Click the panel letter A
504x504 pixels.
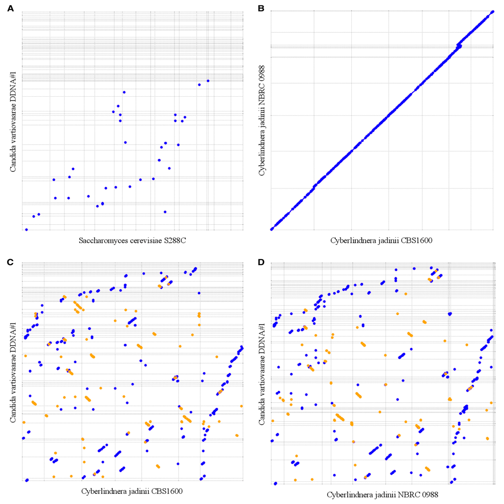(x=11, y=9)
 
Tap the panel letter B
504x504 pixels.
(x=261, y=9)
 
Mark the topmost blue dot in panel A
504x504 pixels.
(x=208, y=81)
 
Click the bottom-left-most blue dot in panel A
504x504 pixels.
(x=26, y=229)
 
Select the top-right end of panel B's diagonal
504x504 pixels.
(x=492, y=12)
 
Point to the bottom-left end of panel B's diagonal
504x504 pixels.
(x=272, y=229)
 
